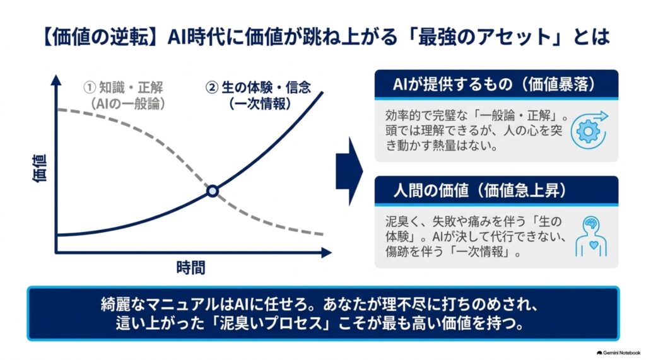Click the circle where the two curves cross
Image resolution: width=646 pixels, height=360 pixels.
(x=212, y=191)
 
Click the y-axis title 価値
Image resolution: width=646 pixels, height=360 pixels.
(x=40, y=168)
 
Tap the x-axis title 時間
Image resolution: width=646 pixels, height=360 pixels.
(x=191, y=268)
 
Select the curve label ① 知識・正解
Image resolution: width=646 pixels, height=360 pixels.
(x=123, y=88)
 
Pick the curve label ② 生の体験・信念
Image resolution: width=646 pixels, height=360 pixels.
(x=258, y=88)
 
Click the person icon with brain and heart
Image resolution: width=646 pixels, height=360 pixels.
(x=591, y=237)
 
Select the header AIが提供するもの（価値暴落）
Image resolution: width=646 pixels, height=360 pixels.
(x=496, y=84)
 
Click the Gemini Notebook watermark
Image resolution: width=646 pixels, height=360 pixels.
(x=618, y=353)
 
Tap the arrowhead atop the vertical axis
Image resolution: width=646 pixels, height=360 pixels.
(x=56, y=79)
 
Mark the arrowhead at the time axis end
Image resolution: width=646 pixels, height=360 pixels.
(x=326, y=252)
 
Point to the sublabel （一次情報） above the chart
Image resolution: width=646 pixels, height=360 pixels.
(x=260, y=104)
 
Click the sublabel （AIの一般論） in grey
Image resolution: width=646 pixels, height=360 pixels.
(x=127, y=104)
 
